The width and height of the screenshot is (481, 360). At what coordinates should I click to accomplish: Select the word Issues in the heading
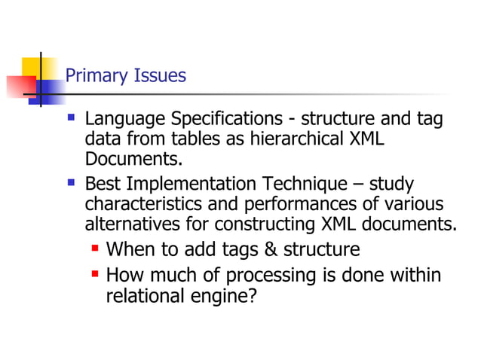tap(159, 77)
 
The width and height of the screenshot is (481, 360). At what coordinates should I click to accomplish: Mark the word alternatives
tap(127, 224)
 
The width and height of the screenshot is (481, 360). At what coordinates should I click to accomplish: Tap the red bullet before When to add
tap(96, 248)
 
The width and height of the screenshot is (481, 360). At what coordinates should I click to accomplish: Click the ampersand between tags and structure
tap(250, 249)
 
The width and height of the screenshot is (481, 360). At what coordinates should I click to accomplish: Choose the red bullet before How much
tap(96, 274)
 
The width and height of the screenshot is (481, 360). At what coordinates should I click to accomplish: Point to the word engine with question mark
tap(225, 297)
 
